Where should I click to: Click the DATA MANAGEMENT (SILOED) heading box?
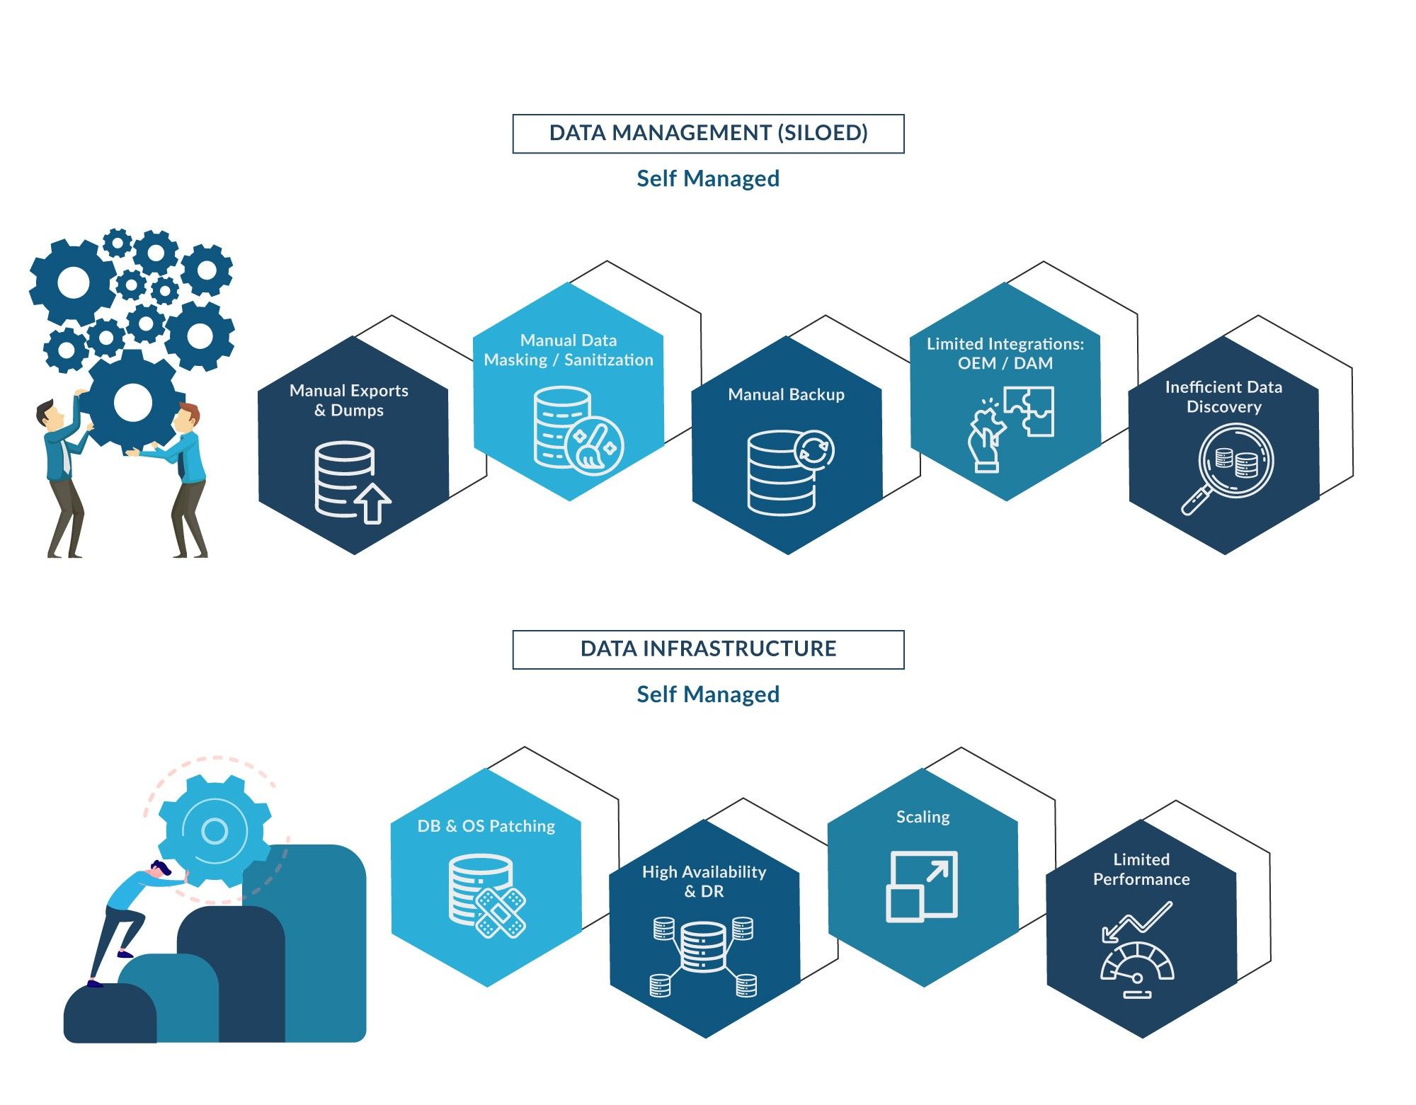tap(708, 133)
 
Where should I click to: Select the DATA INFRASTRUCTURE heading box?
tap(708, 649)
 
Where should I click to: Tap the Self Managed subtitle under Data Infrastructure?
tap(708, 694)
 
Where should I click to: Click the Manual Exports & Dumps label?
tap(349, 401)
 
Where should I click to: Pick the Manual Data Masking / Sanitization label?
tap(569, 350)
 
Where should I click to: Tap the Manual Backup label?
tap(786, 395)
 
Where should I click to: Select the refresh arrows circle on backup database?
tap(814, 450)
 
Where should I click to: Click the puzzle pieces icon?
tap(1029, 410)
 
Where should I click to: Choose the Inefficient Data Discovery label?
tap(1223, 397)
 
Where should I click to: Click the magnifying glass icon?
tap(1228, 468)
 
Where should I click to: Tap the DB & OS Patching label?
tap(486, 826)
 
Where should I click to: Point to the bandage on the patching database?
tap(501, 912)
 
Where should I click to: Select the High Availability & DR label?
tap(704, 881)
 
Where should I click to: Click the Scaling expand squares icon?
tap(922, 886)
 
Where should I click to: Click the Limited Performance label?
tap(1141, 869)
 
